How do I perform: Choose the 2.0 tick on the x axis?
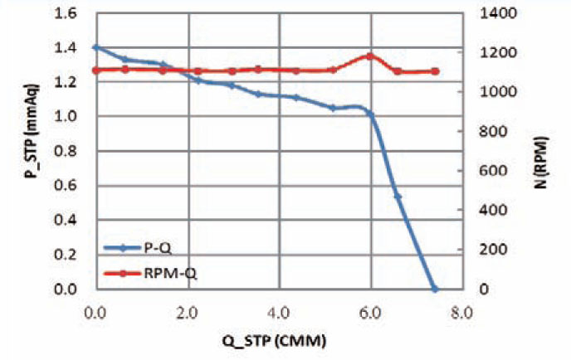pyautogui.click(x=188, y=314)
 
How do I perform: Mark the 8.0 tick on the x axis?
pyautogui.click(x=461, y=314)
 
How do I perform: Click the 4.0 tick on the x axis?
pyautogui.click(x=279, y=314)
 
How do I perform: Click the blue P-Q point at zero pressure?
pyautogui.click(x=434, y=289)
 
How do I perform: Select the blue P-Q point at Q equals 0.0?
pyautogui.click(x=96, y=47)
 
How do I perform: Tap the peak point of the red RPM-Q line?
pyautogui.click(x=370, y=56)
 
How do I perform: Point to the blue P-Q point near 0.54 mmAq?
pyautogui.click(x=398, y=196)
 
